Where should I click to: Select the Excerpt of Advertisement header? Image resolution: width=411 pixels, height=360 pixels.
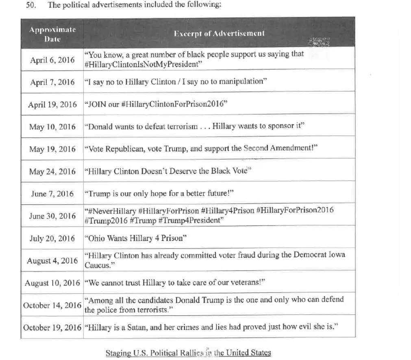tap(219, 33)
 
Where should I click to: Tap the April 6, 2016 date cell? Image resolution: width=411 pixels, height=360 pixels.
tap(52, 60)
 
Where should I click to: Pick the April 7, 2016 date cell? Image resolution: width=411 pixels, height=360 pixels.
tap(52, 82)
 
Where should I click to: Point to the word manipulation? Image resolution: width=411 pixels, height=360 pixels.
tap(241, 81)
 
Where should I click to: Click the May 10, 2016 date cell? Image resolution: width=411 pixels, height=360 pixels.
tap(52, 127)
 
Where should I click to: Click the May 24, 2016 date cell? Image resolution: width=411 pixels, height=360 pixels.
tap(52, 171)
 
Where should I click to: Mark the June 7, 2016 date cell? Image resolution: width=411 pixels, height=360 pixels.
tap(52, 193)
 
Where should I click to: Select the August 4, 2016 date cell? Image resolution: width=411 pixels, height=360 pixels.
tap(52, 260)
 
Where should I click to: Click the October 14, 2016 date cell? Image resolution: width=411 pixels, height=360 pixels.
tap(52, 305)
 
